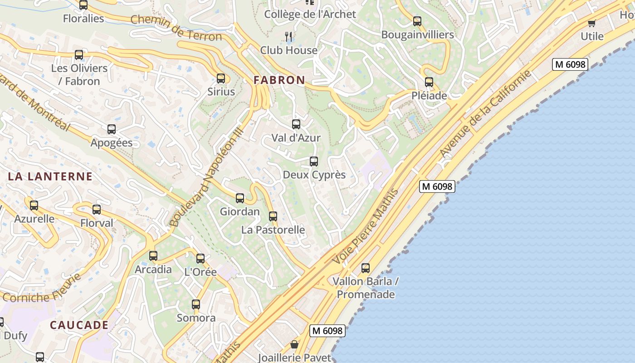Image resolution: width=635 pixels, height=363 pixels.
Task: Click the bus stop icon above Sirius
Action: coord(221,78)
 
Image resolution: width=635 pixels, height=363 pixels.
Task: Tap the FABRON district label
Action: coord(279,80)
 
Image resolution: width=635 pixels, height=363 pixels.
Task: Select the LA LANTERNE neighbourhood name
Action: coord(50,177)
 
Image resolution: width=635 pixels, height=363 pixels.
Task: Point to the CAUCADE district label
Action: coord(79,325)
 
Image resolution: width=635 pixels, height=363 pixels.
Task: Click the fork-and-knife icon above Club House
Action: coord(288,36)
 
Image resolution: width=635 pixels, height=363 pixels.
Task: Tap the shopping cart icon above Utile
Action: coord(591,23)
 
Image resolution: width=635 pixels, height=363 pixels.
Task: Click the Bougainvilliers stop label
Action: coord(417,35)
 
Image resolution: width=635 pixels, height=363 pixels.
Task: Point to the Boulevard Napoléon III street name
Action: coord(207,177)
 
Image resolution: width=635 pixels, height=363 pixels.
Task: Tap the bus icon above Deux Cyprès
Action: coord(314,162)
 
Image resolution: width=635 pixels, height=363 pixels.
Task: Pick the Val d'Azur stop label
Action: coord(296,138)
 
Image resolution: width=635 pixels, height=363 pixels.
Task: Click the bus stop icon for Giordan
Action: coord(240,198)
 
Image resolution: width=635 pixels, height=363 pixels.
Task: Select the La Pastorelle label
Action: coord(273,230)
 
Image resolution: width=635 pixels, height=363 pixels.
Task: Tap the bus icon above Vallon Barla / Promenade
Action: coord(366,268)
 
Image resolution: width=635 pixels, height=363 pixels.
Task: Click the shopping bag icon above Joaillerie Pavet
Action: coord(294,345)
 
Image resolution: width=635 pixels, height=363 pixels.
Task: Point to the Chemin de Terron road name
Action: coord(176,28)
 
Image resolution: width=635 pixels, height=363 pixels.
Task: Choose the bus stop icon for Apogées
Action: coord(112,129)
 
